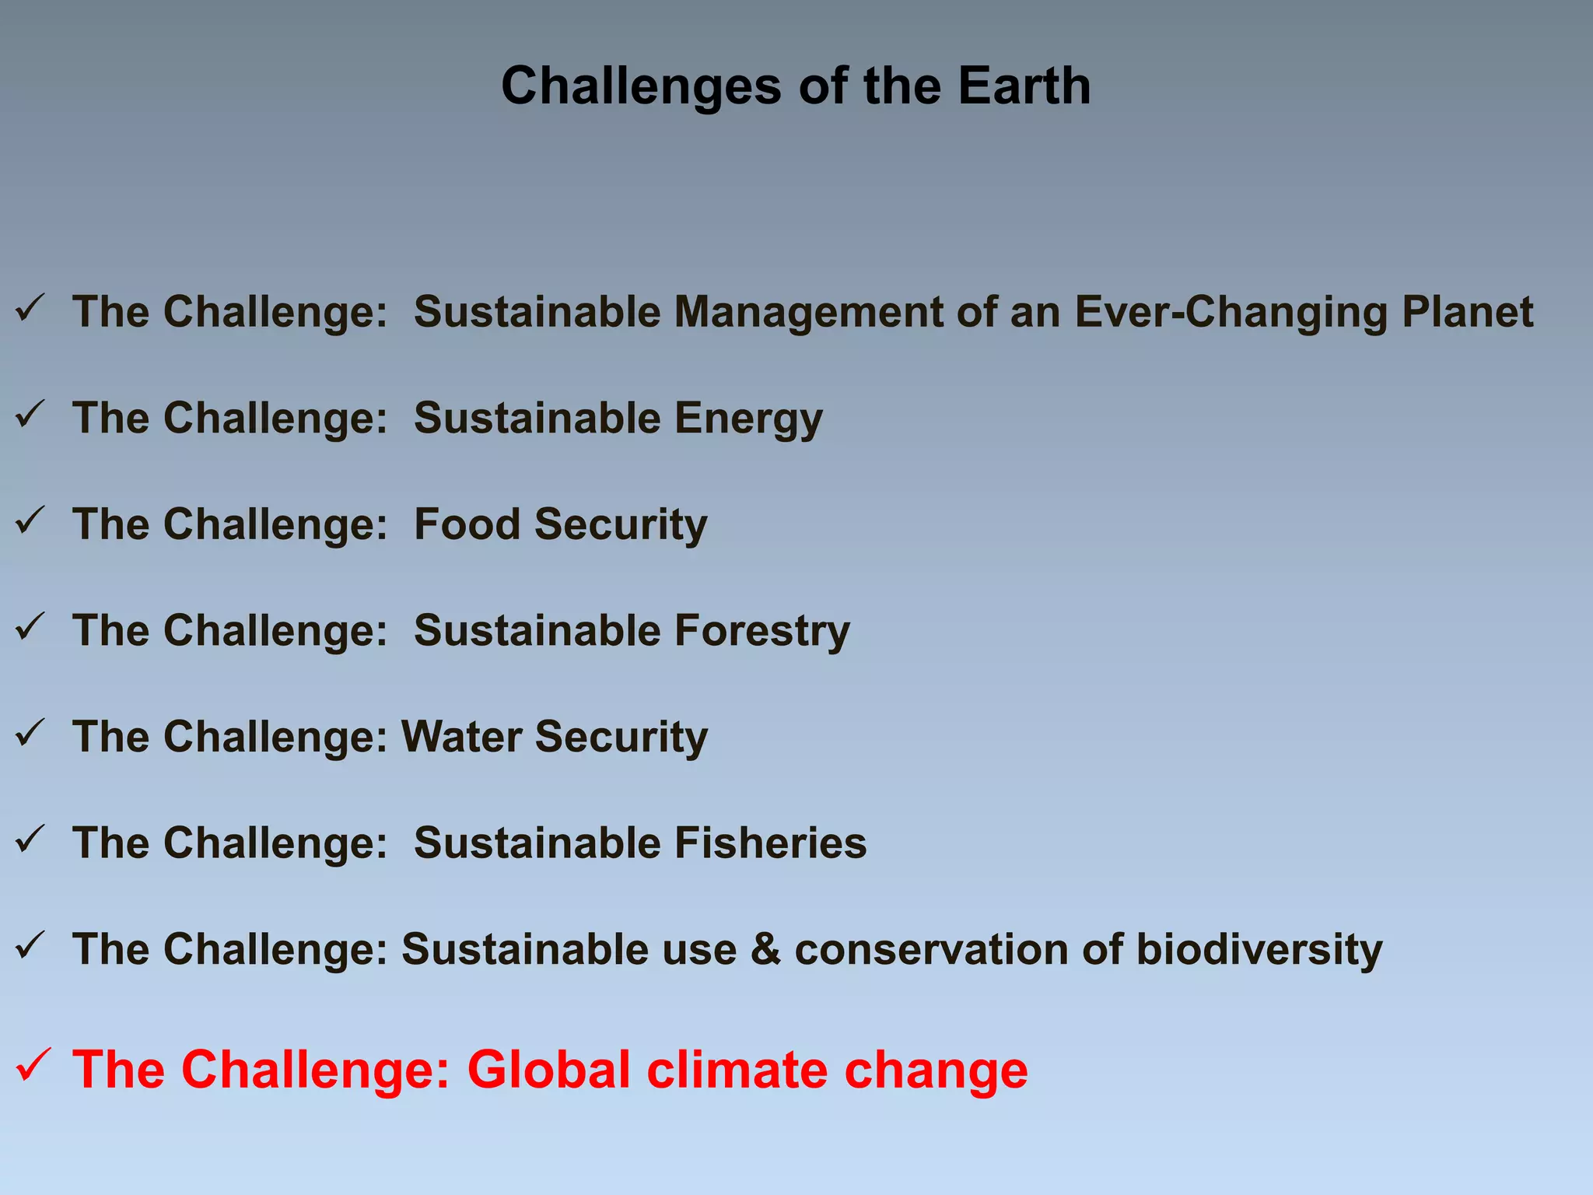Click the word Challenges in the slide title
tap(641, 87)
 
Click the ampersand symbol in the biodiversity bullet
tap(765, 950)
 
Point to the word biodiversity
tap(1259, 950)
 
